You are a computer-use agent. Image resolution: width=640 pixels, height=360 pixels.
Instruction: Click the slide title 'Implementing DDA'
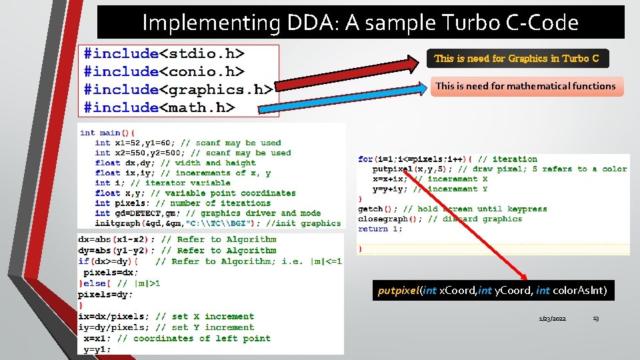[360, 23]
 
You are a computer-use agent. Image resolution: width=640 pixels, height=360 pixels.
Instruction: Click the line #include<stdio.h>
[164, 53]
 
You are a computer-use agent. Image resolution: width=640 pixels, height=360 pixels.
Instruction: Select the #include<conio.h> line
[164, 71]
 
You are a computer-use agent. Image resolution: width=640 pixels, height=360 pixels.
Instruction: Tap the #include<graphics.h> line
[177, 89]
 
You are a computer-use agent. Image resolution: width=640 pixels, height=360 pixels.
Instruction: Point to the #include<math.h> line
[159, 107]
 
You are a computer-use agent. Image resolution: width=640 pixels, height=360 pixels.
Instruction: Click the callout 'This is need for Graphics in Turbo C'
[517, 59]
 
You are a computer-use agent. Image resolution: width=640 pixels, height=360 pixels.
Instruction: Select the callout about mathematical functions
[526, 86]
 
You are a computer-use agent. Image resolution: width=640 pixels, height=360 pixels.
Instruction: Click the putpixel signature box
[493, 291]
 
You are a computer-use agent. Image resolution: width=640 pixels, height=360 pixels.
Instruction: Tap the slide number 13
[595, 319]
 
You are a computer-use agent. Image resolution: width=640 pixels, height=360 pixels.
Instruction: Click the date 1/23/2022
[553, 319]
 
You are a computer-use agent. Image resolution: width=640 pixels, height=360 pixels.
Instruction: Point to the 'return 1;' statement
[371, 229]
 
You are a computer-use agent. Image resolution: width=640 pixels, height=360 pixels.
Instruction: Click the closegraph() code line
[439, 219]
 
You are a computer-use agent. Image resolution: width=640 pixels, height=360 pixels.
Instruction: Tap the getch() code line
[452, 209]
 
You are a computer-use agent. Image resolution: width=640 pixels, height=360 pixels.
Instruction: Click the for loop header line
[447, 159]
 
